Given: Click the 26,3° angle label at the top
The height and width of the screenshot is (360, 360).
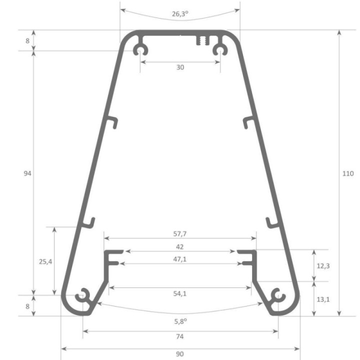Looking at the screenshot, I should (180, 14).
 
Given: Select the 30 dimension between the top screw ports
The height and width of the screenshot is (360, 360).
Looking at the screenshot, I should (180, 67).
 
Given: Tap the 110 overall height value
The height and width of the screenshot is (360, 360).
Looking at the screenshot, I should (348, 173).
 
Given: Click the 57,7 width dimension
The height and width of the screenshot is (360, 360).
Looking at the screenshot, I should (180, 233).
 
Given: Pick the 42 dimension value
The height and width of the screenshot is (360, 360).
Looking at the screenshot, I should (180, 246).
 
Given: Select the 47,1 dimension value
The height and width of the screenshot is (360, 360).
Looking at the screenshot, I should (180, 258).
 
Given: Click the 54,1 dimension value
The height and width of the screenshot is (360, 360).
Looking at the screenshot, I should (180, 294).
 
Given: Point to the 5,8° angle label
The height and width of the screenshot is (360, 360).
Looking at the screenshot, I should (180, 322).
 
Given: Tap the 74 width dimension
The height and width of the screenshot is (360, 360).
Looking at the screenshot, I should (180, 337).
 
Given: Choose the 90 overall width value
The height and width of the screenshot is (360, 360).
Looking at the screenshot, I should (180, 353).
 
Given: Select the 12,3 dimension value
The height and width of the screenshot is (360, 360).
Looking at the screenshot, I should (323, 265).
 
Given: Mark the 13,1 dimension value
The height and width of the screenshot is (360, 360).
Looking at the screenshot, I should (323, 299).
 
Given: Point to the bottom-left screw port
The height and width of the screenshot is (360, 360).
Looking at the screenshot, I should (83, 296).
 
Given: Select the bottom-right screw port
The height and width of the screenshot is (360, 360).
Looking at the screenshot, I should (277, 296).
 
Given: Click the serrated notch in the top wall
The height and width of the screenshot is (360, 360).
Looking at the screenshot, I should (201, 40).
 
